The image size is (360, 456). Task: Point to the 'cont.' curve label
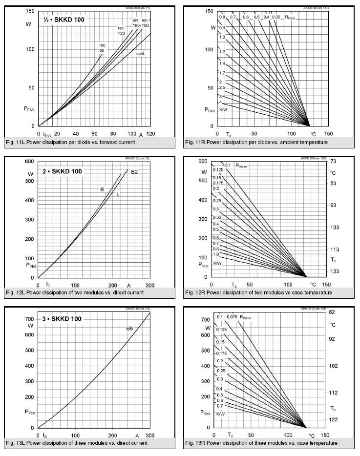[x=141, y=53]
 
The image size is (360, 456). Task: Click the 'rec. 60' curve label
[x=103, y=48]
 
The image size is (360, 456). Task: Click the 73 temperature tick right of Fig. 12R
[x=333, y=161]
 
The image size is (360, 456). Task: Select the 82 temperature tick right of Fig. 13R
[x=332, y=312]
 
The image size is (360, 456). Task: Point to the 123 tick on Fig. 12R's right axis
[x=334, y=271]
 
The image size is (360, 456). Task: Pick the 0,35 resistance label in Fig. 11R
[x=276, y=17]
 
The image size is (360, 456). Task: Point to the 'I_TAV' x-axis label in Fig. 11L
[x=47, y=134]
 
